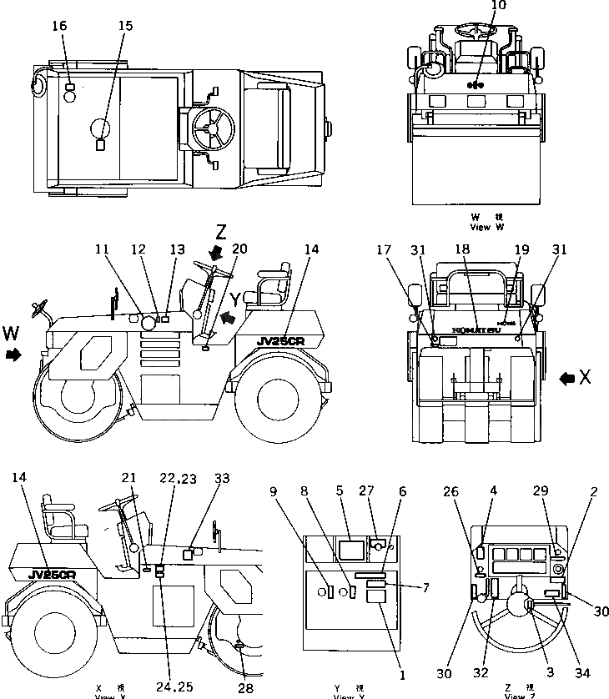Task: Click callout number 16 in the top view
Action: pyautogui.click(x=59, y=26)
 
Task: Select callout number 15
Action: pyautogui.click(x=125, y=26)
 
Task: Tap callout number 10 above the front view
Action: pyautogui.click(x=475, y=6)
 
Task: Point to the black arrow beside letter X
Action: pyautogui.click(x=567, y=378)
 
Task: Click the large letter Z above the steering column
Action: pyautogui.click(x=220, y=231)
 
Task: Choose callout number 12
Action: pyautogui.click(x=138, y=249)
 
